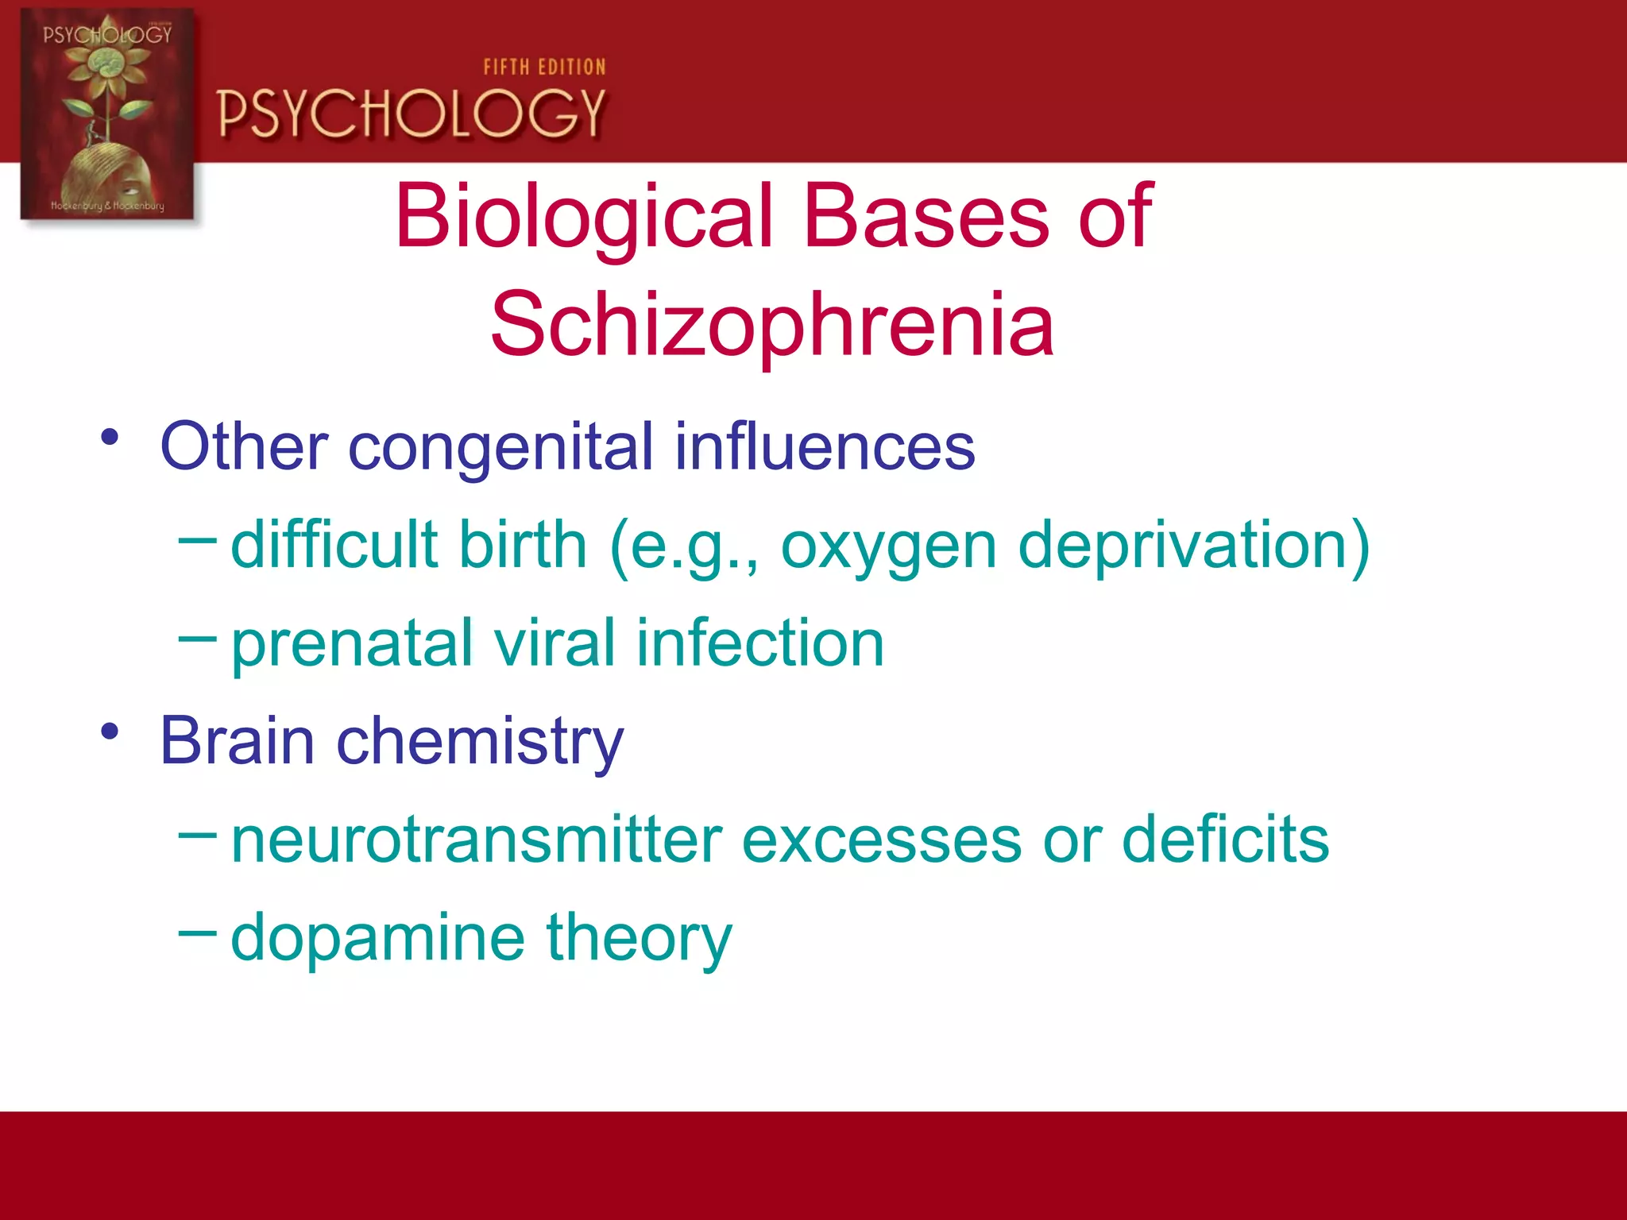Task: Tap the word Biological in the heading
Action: (584, 216)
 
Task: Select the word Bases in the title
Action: (926, 216)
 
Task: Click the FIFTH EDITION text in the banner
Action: (544, 68)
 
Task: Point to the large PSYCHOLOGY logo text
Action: (412, 114)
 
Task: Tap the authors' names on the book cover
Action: (107, 206)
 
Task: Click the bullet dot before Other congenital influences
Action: (110, 438)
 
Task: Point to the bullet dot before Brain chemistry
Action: (110, 732)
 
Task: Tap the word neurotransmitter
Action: (477, 840)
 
